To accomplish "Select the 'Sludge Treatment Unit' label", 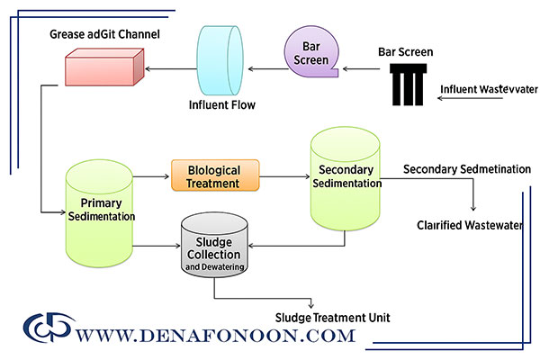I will (333, 317).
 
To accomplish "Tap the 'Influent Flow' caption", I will (221, 105).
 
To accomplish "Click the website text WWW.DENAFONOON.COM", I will (217, 336).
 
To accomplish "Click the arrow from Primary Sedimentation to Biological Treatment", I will (151, 176).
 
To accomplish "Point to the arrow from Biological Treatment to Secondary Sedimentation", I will (284, 176).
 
